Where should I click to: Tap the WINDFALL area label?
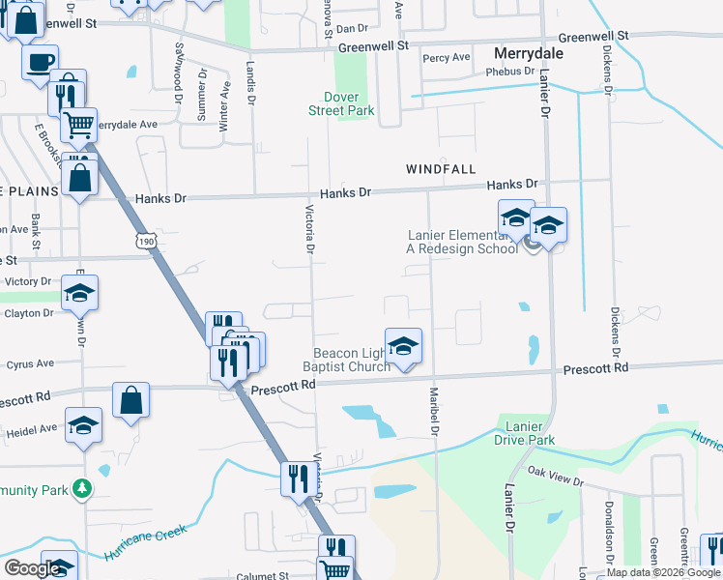441,169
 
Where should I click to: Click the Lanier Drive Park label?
526,433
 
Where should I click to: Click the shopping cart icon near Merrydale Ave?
78,123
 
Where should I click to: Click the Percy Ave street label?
447,58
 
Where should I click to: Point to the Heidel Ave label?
32,426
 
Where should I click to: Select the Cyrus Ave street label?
31,364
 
